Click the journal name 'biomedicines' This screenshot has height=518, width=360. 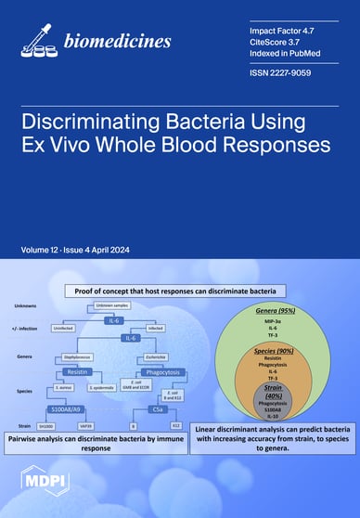pyautogui.click(x=117, y=41)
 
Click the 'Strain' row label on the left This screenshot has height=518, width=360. pyautogui.click(x=24, y=427)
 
